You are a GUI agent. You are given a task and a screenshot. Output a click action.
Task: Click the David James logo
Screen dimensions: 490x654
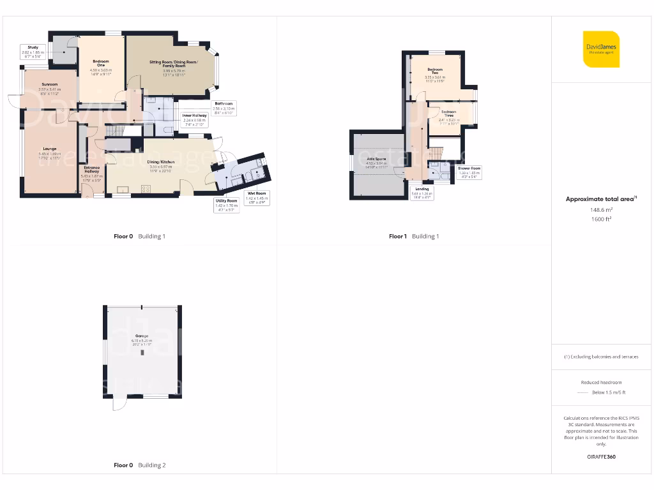[601, 48]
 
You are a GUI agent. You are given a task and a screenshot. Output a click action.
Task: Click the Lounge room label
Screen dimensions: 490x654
[49, 149]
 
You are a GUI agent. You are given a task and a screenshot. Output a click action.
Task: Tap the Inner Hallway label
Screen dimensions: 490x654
[195, 115]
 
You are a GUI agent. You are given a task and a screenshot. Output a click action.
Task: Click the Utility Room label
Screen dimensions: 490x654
[226, 200]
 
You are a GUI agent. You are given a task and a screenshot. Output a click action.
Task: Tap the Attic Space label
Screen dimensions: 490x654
[376, 158]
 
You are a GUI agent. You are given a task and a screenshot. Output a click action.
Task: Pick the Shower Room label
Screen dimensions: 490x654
[469, 168]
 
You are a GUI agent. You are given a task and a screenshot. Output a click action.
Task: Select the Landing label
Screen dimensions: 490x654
[422, 189]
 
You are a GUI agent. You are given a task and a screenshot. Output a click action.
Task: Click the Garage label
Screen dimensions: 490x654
[141, 336]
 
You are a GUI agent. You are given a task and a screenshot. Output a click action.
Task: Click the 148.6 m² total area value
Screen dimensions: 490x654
[601, 209]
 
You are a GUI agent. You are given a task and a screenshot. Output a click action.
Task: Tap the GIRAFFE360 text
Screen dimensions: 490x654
[601, 457]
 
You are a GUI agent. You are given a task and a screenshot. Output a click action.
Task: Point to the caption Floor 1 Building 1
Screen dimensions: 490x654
[414, 236]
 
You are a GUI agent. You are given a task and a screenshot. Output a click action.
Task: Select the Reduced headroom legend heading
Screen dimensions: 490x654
[601, 382]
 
